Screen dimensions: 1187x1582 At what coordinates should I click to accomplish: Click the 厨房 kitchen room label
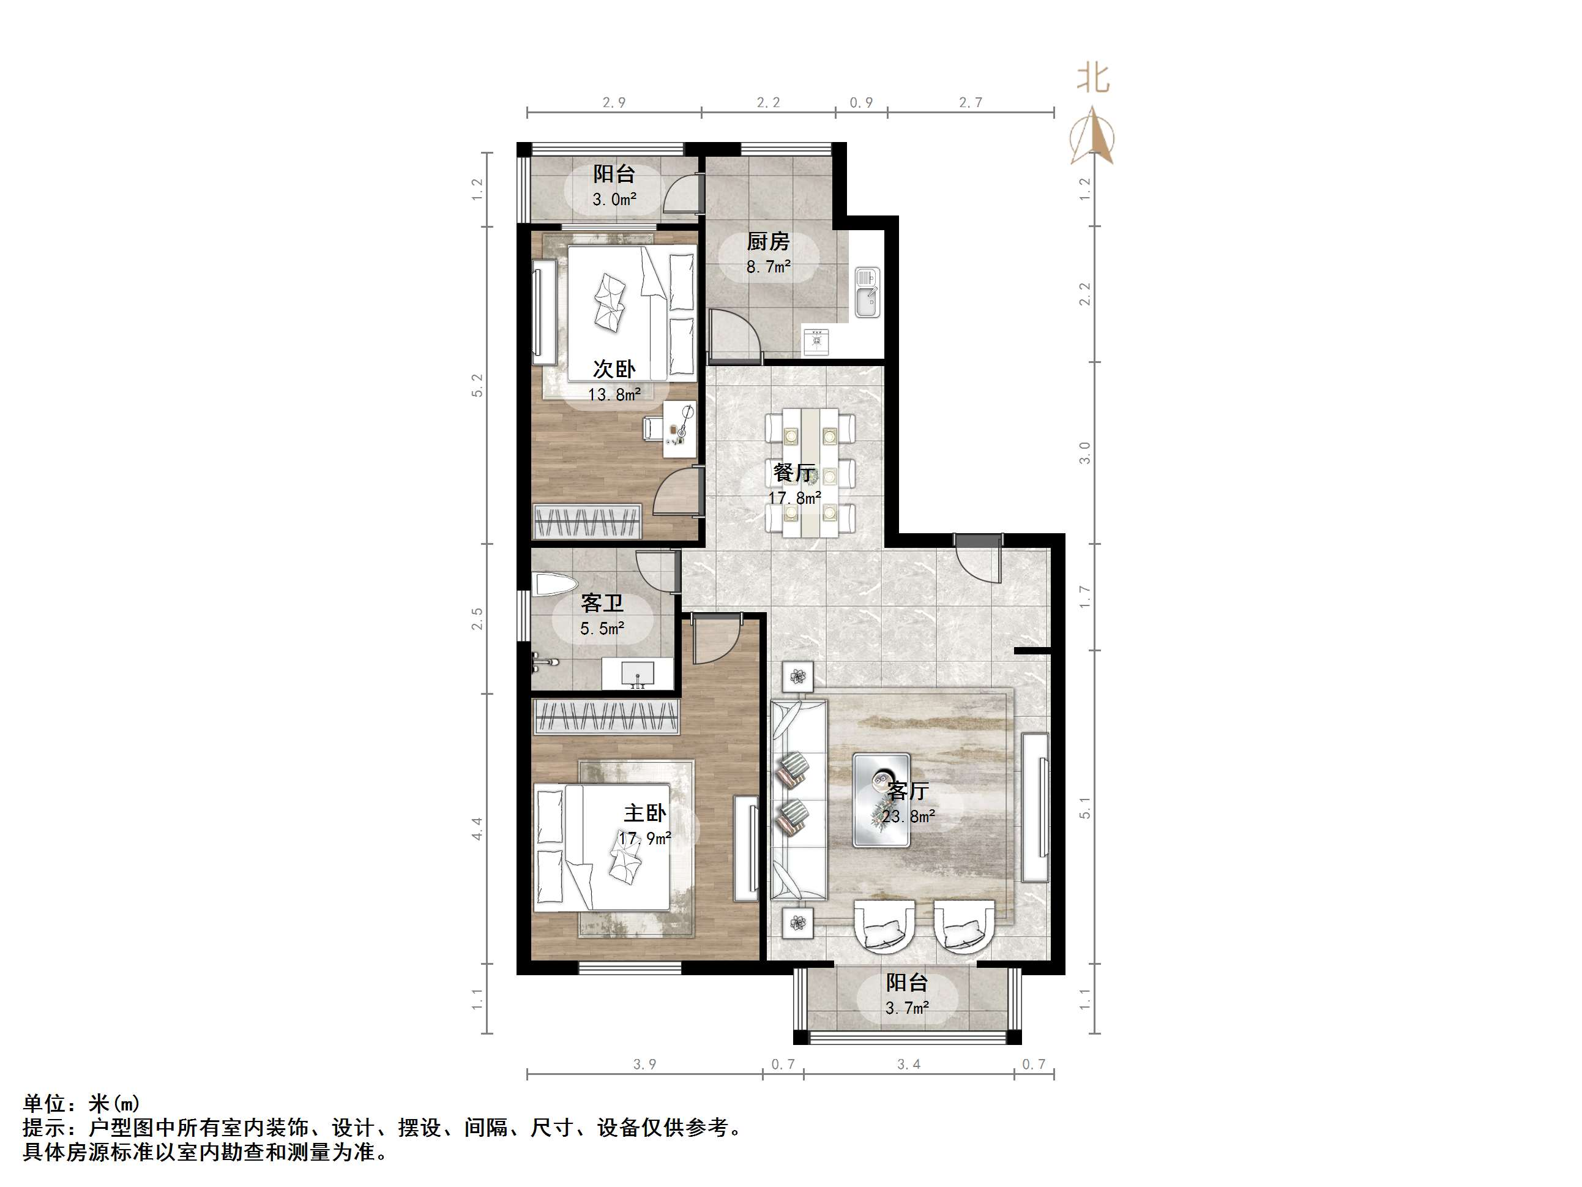(768, 241)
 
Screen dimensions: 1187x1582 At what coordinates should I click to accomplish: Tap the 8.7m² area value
(768, 267)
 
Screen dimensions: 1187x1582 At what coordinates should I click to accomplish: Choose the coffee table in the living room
(881, 800)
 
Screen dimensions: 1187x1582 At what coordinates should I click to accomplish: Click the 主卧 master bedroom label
(644, 813)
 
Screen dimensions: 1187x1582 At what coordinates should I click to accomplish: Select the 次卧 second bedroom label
(614, 369)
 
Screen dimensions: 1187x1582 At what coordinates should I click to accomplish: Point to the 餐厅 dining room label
(794, 472)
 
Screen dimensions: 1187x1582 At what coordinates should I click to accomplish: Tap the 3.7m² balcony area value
(907, 1008)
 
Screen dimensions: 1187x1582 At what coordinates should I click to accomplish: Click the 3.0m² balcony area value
(614, 199)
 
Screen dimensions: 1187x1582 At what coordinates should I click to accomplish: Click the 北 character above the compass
(1094, 79)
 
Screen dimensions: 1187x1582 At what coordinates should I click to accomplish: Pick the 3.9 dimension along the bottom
(644, 1065)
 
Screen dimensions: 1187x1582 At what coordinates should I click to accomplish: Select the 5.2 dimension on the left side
(477, 386)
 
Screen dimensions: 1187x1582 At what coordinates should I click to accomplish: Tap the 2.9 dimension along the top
(614, 103)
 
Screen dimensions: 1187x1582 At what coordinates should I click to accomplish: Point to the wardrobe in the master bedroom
(606, 717)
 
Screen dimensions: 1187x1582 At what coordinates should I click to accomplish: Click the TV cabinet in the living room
(1035, 807)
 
